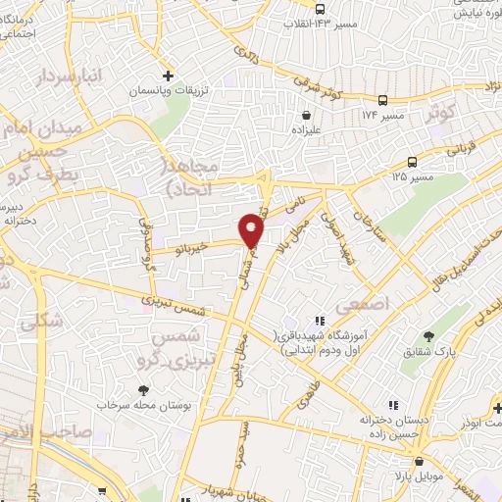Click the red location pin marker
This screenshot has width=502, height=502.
click(x=252, y=230)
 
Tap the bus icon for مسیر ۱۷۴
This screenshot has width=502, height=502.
click(x=381, y=99)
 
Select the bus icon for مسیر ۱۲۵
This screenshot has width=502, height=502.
click(x=413, y=162)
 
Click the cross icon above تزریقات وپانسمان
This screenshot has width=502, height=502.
click(x=168, y=75)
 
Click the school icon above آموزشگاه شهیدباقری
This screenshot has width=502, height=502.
click(x=319, y=321)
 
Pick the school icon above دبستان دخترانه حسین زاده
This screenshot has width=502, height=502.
click(x=393, y=404)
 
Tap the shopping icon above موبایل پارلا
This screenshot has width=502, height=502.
click(x=418, y=462)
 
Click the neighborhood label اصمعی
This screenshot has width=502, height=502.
click(x=363, y=306)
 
